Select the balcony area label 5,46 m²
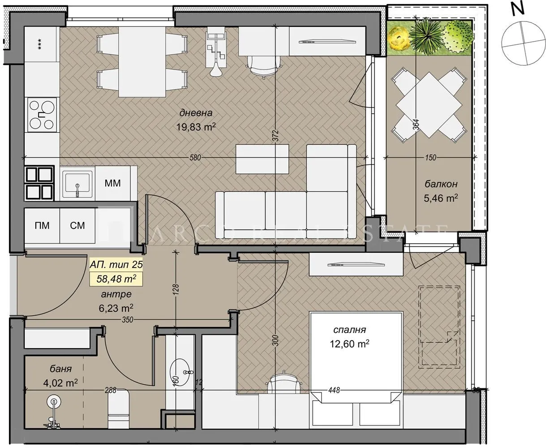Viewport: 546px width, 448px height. pyautogui.click(x=440, y=198)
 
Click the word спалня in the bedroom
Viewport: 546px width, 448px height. pyautogui.click(x=350, y=330)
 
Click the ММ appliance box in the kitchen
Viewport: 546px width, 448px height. pyautogui.click(x=112, y=183)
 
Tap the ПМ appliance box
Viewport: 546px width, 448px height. pyautogui.click(x=42, y=225)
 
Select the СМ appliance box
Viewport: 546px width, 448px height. pyautogui.click(x=77, y=225)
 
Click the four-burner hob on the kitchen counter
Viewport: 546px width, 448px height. pyautogui.click(x=43, y=115)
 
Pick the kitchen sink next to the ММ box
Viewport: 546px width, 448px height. pyautogui.click(x=77, y=183)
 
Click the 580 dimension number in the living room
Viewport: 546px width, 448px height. pyautogui.click(x=195, y=158)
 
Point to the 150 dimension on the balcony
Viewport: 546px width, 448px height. pyautogui.click(x=430, y=158)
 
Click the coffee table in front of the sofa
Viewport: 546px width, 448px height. pyautogui.click(x=262, y=159)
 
